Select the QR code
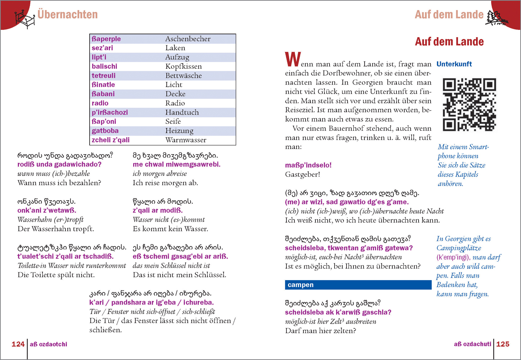[469, 104]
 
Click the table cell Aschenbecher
[188, 39]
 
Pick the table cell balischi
[104, 67]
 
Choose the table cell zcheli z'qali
[110, 140]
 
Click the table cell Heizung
[179, 131]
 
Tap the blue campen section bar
[358, 285]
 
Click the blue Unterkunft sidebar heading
[454, 64]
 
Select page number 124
[18, 344]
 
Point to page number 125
[503, 344]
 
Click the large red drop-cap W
[293, 60]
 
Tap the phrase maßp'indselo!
[308, 165]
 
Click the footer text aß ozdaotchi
[49, 345]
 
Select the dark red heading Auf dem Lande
[449, 42]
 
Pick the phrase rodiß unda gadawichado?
[59, 165]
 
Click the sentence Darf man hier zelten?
[320, 331]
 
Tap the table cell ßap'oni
[104, 122]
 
